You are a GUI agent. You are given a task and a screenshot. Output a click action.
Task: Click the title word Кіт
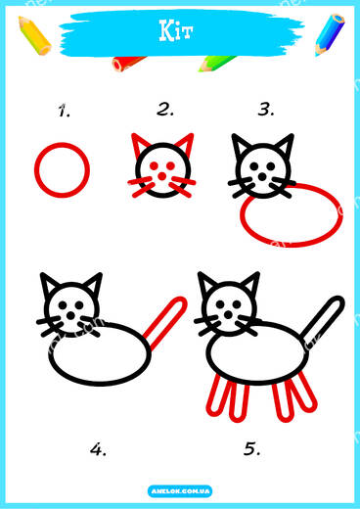click(x=176, y=30)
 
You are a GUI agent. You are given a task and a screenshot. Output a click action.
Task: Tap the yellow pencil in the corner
click(x=34, y=35)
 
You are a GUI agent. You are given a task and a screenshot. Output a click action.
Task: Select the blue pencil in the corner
click(x=330, y=34)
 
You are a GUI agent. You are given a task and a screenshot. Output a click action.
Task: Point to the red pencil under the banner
click(x=127, y=64)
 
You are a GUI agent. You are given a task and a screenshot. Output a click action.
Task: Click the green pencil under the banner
click(x=216, y=64)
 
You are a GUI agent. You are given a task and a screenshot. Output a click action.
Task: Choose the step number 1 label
click(x=65, y=111)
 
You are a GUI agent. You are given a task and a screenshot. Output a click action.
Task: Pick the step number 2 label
click(x=165, y=110)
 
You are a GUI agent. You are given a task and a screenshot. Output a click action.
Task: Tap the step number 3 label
click(x=266, y=110)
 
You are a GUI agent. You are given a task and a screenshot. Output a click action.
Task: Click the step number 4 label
click(x=98, y=449)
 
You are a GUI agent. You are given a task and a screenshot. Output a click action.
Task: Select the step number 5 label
click(x=252, y=448)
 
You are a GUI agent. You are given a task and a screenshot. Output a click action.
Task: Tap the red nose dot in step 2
click(x=161, y=176)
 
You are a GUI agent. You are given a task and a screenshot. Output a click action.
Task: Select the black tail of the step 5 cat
click(x=322, y=322)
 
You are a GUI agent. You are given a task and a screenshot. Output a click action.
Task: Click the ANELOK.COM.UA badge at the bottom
click(x=180, y=491)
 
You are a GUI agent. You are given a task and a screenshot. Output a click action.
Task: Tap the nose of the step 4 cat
click(x=70, y=315)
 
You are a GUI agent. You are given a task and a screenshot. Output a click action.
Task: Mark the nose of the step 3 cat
click(x=262, y=177)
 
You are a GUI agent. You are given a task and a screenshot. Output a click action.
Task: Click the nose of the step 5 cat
click(x=228, y=315)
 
